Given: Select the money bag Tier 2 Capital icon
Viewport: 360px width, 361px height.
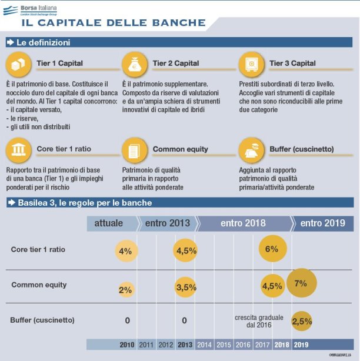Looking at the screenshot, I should pos(135,63).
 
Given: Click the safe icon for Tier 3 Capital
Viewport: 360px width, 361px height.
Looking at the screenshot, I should pos(251,63).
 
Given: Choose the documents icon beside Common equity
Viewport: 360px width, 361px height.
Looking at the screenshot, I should pos(135,149).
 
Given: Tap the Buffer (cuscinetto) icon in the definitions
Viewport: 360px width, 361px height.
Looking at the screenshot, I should pos(251,149).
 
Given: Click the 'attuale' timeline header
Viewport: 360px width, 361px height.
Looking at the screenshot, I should pos(109,223).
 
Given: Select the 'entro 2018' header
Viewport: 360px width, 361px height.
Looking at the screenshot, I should pos(243,223).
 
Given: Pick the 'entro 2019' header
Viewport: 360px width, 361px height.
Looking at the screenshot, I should pos(323,223).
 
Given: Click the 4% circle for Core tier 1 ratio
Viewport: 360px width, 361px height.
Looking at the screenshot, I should pos(125,250).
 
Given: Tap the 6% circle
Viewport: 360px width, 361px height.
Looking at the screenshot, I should pos(272,249).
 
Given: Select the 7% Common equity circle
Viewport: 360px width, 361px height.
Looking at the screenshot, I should pos(301,283).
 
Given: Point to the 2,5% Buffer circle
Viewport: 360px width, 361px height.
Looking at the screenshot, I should pos(302,322).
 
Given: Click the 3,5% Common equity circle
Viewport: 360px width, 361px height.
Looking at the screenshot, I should pos(186,287).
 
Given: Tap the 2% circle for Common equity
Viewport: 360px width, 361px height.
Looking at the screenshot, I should pos(125,289).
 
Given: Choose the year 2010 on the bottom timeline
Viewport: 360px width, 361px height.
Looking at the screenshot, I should pos(127,344).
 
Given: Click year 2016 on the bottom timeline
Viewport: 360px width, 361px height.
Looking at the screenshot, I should pos(242,344).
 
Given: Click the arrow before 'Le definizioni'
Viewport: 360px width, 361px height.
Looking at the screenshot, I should pos(11,43).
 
